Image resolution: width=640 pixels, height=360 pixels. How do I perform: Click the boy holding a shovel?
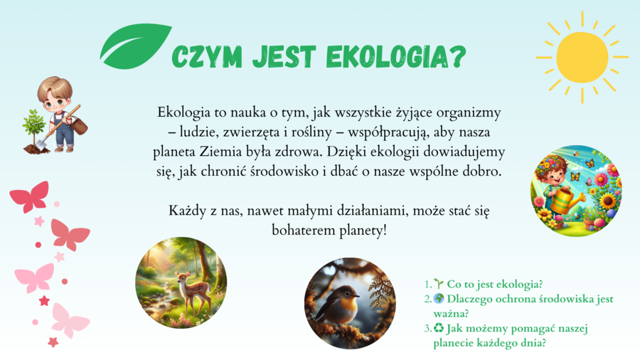pyautogui.click(x=59, y=110)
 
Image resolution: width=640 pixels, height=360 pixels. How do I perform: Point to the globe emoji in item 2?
pyautogui.click(x=439, y=299)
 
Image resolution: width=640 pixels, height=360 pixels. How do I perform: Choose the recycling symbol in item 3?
pyautogui.click(x=439, y=328)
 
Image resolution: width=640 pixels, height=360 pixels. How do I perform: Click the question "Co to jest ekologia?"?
pyautogui.click(x=495, y=285)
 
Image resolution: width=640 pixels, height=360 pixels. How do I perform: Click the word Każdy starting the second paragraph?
pyautogui.click(x=186, y=211)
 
